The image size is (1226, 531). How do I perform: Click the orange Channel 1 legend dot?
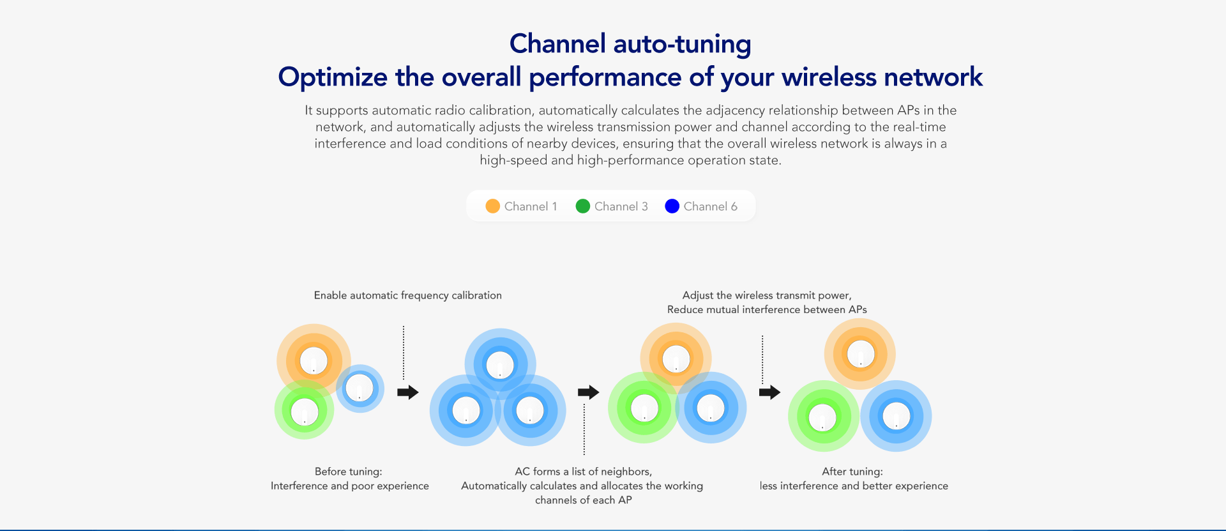(x=492, y=206)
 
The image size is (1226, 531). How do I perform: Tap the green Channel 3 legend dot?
(x=582, y=206)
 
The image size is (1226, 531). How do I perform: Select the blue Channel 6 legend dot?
(x=672, y=206)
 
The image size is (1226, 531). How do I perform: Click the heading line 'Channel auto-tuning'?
(x=630, y=44)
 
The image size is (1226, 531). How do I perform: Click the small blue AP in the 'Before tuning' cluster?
(x=359, y=388)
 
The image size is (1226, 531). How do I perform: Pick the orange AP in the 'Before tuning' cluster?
(x=314, y=361)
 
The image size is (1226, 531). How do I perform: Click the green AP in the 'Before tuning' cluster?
(x=305, y=411)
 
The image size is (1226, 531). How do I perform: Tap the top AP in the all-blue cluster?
(x=500, y=365)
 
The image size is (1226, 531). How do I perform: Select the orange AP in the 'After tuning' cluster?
(x=860, y=354)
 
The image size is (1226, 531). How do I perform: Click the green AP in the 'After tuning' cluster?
(x=822, y=417)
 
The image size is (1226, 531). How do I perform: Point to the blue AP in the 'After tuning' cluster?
(x=896, y=417)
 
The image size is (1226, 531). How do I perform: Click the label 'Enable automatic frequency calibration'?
(x=408, y=295)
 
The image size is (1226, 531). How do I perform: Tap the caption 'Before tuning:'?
(x=349, y=472)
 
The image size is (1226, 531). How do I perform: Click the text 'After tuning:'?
(x=852, y=472)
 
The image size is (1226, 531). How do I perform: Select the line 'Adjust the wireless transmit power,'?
(x=767, y=295)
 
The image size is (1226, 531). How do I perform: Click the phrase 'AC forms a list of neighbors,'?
(x=583, y=472)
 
